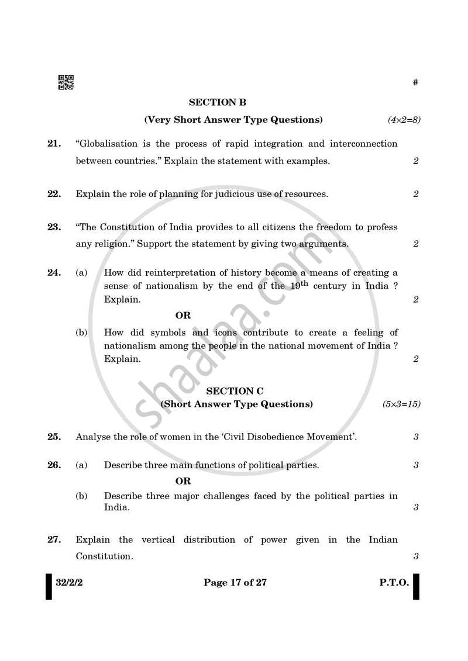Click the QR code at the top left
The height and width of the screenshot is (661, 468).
pos(66,82)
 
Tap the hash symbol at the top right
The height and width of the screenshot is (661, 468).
pos(415,82)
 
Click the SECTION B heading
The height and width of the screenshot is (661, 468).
pos(217,102)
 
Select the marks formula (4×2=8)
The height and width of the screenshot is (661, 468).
pos(404,120)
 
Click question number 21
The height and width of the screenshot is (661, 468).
pos(54,144)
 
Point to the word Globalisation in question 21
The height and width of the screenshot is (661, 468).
pos(100,144)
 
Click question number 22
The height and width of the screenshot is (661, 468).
pos(54,194)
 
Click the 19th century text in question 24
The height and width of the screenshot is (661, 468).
pos(307,286)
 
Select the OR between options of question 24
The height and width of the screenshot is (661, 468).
pos(183,316)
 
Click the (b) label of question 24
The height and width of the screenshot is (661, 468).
pos(81,333)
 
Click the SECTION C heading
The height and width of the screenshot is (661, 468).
pos(235,390)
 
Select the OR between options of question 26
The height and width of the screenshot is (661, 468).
pos(183,482)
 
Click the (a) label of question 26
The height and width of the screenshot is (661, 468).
pos(81,466)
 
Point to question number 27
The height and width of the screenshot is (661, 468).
pos(54,540)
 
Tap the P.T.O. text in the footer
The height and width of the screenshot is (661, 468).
pos(393,583)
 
